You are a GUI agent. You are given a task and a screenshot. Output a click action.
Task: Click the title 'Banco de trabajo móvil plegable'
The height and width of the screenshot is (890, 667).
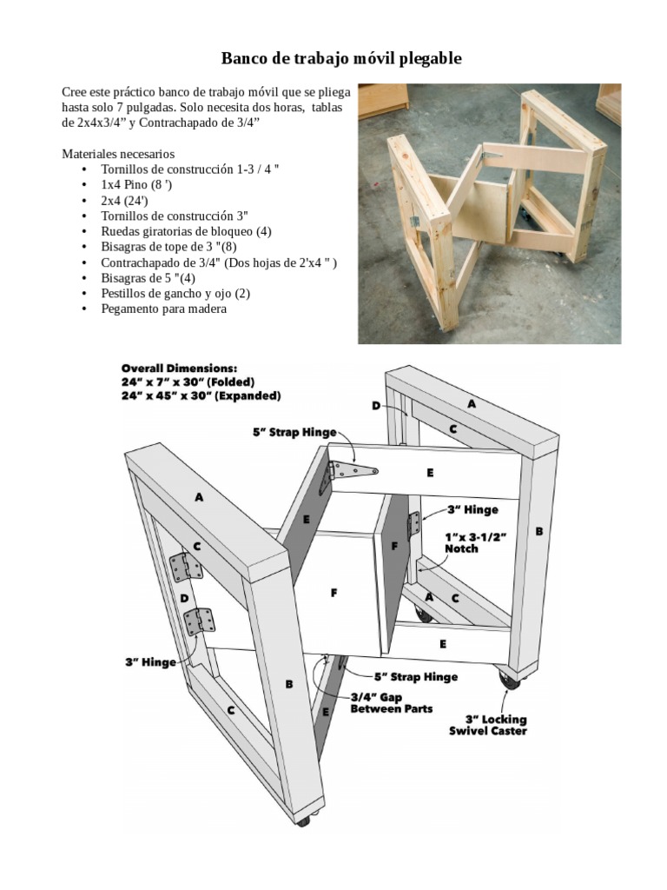341,59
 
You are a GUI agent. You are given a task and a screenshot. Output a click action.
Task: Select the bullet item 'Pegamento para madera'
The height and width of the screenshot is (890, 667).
164,309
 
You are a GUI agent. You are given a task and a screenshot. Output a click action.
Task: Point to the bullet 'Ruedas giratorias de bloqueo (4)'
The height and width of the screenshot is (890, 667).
186,231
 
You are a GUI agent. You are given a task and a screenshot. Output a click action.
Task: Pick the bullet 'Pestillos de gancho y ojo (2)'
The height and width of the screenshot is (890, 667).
175,293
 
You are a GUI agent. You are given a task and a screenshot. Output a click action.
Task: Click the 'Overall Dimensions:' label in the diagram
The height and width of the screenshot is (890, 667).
179,368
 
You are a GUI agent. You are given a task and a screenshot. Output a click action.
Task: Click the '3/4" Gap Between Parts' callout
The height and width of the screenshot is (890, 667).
391,702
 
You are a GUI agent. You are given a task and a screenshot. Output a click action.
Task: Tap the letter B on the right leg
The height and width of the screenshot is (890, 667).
539,531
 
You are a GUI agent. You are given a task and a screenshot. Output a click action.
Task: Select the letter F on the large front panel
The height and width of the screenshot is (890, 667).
333,594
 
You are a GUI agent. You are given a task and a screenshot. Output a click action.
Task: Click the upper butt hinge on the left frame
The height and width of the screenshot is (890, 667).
185,568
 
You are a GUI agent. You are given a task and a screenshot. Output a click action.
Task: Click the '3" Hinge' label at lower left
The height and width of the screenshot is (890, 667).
150,662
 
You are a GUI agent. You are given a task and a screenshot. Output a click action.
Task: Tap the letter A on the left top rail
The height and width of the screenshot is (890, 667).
199,498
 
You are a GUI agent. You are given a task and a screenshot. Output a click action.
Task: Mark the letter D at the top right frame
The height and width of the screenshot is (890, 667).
376,406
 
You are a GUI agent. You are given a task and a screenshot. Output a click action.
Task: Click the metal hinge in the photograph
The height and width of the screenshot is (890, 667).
415,221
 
